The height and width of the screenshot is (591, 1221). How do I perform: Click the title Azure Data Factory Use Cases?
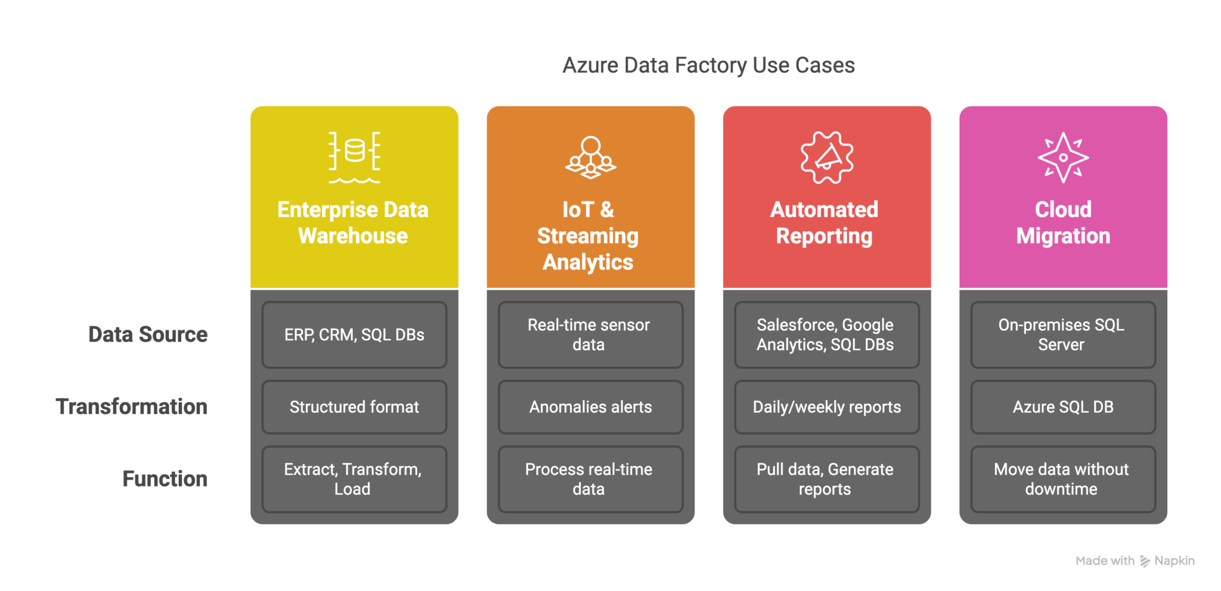coord(708,65)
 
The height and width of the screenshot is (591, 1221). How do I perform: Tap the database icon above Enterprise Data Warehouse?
coord(354,157)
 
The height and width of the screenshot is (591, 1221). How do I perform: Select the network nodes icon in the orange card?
coord(590,157)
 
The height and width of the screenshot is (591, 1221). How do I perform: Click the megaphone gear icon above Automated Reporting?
coord(826,157)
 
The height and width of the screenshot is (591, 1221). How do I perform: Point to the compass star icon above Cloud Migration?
coord(1063,157)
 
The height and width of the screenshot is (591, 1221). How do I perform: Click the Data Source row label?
coord(148,335)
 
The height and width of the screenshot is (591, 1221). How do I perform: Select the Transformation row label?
coord(132,407)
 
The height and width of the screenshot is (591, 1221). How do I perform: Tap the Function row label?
coord(165,479)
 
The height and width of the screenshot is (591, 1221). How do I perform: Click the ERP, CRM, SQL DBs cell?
coord(354,335)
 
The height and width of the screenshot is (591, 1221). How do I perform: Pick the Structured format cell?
coord(354,407)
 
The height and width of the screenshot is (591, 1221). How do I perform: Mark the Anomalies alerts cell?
coord(590,407)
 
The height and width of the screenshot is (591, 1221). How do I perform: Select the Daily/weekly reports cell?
coord(826,407)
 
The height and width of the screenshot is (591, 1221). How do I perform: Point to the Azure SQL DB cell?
coord(1062,407)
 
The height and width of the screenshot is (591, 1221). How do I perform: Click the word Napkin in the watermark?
coord(1174,561)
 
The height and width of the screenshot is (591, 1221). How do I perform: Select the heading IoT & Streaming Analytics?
coord(588,236)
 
